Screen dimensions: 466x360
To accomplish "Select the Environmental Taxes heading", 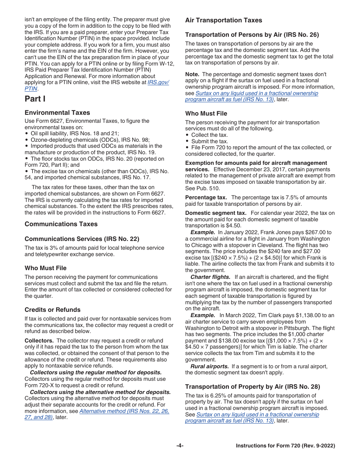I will (57, 113).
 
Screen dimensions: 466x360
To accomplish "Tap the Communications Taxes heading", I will (61, 224).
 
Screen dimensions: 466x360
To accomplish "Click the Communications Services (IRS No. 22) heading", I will (82, 239).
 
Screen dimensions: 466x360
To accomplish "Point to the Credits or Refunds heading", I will (53, 310).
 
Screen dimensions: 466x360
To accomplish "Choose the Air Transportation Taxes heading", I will (224, 20).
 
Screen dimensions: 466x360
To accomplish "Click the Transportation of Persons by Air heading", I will (252, 35).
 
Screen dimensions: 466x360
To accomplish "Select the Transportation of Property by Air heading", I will (253, 387).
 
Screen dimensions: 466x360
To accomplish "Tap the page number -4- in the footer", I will (180, 446).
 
